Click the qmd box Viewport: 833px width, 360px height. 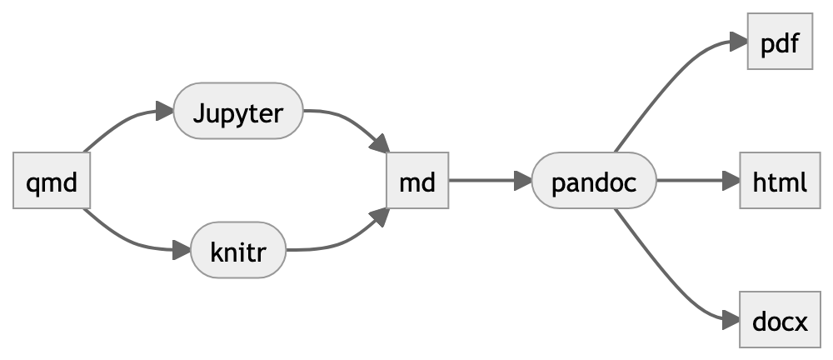(x=51, y=180)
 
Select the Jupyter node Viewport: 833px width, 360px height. (x=237, y=111)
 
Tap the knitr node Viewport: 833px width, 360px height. (x=238, y=249)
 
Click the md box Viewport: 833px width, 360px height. (x=417, y=180)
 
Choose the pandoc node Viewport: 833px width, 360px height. (x=594, y=180)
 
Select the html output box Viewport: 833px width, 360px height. (x=779, y=180)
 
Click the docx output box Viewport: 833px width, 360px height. (x=779, y=319)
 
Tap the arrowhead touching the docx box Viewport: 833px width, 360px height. (x=731, y=319)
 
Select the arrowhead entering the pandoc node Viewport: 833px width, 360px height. (x=523, y=180)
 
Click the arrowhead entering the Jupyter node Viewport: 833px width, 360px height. (x=164, y=111)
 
